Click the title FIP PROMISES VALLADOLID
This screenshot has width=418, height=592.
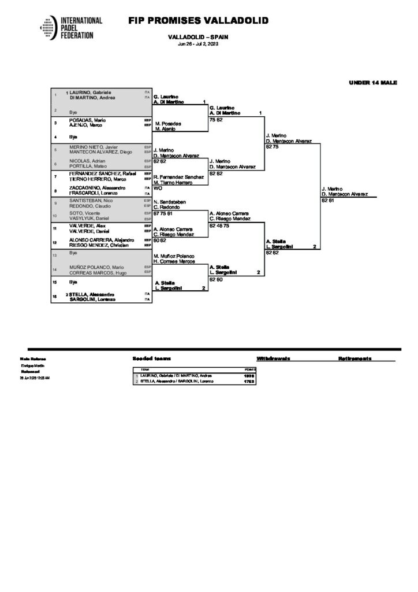tap(199, 21)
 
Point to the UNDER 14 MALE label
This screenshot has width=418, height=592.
tap(373, 83)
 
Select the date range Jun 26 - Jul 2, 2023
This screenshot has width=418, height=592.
tap(198, 45)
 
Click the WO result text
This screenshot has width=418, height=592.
tap(158, 188)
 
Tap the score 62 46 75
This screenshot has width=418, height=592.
tap(220, 225)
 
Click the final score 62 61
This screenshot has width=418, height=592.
tap(328, 200)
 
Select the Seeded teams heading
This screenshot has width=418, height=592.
tap(151, 359)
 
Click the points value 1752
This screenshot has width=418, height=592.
tap(249, 381)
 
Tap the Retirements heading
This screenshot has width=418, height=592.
tap(354, 359)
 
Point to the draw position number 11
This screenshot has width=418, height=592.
tap(54, 228)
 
